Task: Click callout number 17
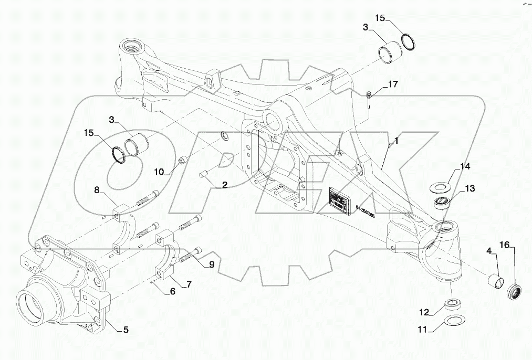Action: [393, 84]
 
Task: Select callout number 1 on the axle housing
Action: [397, 141]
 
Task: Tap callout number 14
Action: [465, 167]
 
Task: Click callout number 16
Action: [504, 245]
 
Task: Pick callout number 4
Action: [488, 251]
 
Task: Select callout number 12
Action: [424, 312]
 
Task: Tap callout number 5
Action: [126, 330]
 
